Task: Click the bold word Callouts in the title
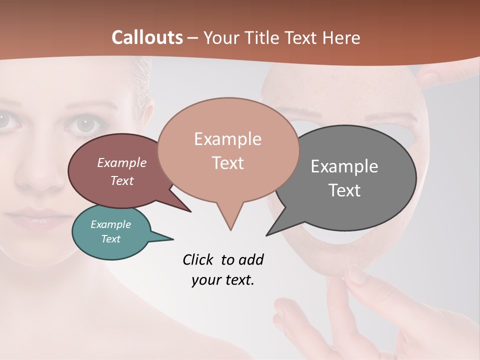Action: click(147, 37)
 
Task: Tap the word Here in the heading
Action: click(342, 38)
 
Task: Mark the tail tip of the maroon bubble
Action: click(190, 211)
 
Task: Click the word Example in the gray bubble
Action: click(344, 166)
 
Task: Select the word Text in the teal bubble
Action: click(111, 239)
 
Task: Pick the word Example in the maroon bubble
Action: click(121, 163)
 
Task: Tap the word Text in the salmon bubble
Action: click(228, 163)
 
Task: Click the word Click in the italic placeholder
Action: click(199, 260)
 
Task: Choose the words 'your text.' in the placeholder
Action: click(223, 280)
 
